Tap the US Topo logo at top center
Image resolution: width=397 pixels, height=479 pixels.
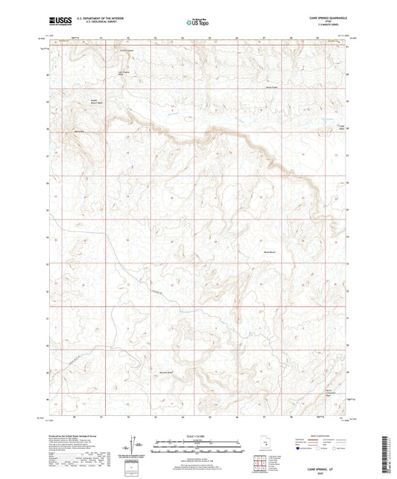point(197,23)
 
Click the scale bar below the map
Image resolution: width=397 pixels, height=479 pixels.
point(197,446)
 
